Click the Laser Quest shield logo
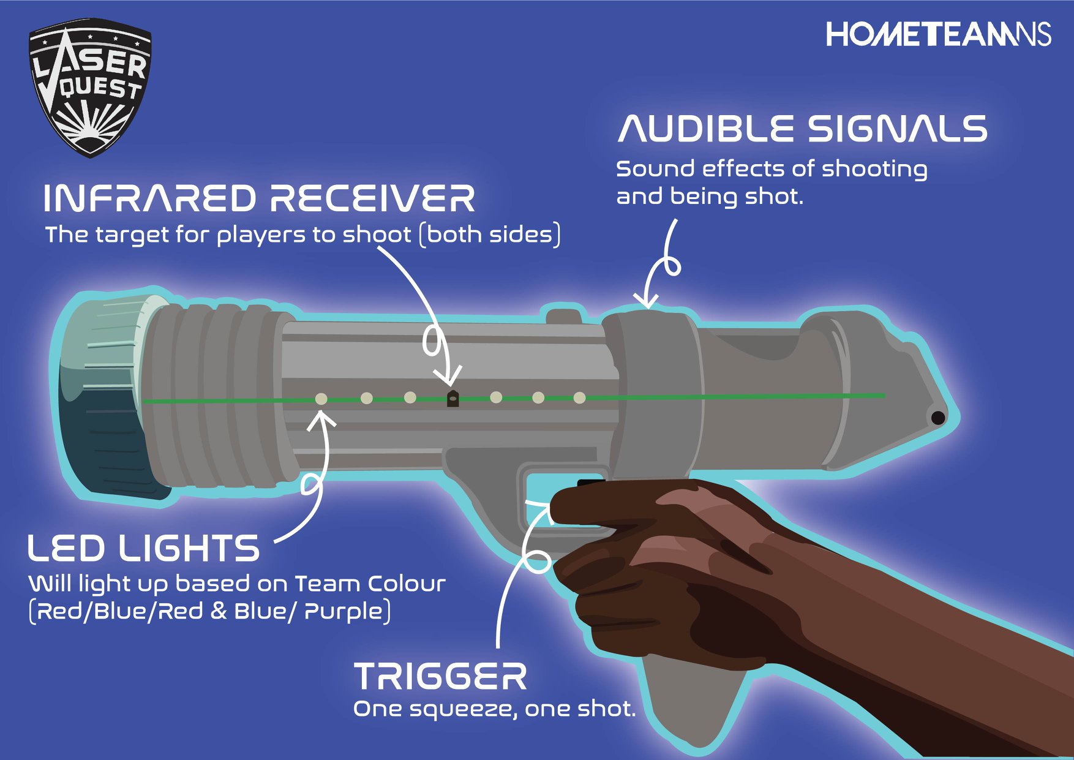click(x=90, y=88)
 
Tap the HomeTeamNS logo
click(x=939, y=34)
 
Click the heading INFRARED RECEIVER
click(x=259, y=198)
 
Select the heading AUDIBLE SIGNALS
click(x=803, y=129)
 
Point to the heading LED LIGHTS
click(x=144, y=548)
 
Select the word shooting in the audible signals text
click(x=874, y=170)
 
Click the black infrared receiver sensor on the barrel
click(x=453, y=398)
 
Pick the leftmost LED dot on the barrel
click(x=321, y=399)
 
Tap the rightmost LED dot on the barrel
click(x=579, y=398)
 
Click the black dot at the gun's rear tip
click(x=938, y=418)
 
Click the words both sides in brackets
click(x=490, y=235)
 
